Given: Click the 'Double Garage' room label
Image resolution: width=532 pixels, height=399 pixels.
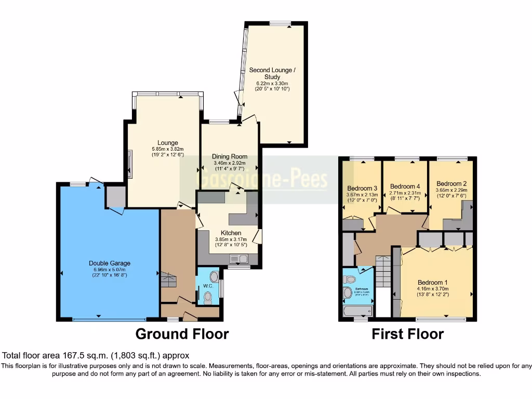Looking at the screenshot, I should pyautogui.click(x=109, y=263).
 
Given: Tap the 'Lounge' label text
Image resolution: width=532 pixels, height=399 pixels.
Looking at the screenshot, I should pyautogui.click(x=168, y=143).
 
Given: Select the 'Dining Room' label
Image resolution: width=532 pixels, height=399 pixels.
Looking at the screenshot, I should pyautogui.click(x=229, y=156).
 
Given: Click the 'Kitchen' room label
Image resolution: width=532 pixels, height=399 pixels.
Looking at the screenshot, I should pyautogui.click(x=231, y=233).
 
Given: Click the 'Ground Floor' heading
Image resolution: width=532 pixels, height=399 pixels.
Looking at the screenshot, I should pyautogui.click(x=182, y=334).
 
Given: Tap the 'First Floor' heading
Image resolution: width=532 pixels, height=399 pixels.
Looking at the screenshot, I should pyautogui.click(x=407, y=334).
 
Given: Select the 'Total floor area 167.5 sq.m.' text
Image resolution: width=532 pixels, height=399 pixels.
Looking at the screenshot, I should pyautogui.click(x=96, y=356).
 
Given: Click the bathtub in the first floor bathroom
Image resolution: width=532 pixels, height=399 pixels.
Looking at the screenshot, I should pyautogui.click(x=357, y=311).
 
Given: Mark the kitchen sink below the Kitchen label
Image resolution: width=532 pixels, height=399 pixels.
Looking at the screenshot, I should pyautogui.click(x=240, y=259).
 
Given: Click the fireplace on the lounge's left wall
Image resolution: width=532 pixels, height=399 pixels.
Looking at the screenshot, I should pyautogui.click(x=130, y=164).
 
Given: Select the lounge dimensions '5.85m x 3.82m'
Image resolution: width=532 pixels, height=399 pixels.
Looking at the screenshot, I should pyautogui.click(x=168, y=149).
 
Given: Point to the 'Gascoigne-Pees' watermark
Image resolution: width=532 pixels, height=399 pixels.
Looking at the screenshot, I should pyautogui.click(x=263, y=179).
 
